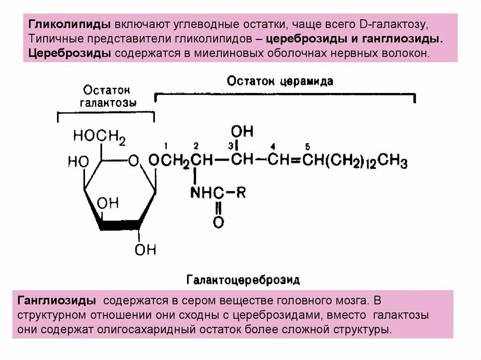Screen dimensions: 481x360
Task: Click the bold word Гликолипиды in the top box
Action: (x=70, y=24)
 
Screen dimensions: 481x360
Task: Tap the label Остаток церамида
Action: (x=280, y=81)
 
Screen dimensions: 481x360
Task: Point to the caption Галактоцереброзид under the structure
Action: (x=243, y=280)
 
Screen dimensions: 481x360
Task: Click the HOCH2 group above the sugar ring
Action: (x=99, y=137)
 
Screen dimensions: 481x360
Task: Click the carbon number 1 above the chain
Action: (x=166, y=146)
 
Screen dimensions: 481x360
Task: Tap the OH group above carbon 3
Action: (x=242, y=130)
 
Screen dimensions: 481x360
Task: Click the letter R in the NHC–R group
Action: (x=240, y=192)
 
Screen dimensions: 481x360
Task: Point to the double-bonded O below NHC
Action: (x=218, y=222)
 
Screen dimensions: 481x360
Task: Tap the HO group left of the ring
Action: (x=78, y=162)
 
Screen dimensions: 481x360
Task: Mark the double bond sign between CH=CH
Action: (x=296, y=161)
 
